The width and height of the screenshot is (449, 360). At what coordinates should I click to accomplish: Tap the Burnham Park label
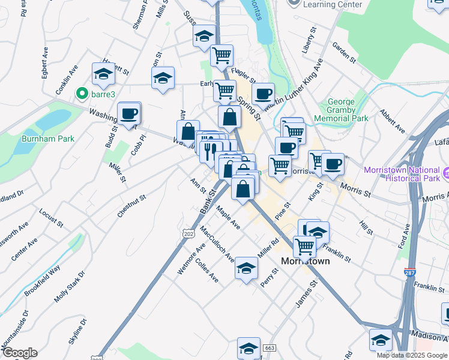tap(47, 139)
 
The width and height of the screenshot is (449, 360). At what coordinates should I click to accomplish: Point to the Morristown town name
tap(306, 261)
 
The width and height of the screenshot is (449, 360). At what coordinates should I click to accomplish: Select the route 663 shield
tap(270, 348)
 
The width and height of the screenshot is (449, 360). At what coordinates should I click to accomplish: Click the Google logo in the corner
tap(19, 353)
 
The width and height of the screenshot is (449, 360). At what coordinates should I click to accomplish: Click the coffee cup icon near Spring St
tap(262, 94)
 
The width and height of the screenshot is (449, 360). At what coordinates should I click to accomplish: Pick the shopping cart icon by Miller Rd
tap(305, 245)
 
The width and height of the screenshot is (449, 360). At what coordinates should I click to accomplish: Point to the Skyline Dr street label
tap(77, 331)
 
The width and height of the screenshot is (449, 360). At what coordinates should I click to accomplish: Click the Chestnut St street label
tap(132, 206)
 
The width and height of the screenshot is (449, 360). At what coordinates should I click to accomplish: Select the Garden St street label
tap(345, 52)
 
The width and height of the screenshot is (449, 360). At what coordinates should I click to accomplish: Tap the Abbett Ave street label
tap(392, 122)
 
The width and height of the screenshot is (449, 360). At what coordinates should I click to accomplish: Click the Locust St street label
tap(51, 218)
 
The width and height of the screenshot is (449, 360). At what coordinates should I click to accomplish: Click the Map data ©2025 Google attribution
tap(412, 355)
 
